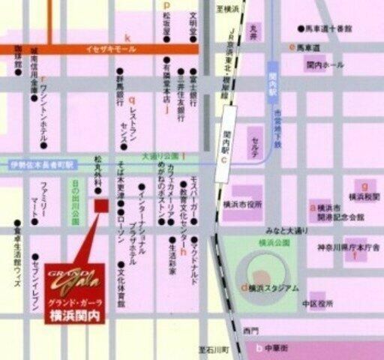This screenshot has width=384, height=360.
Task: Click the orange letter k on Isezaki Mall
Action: (x=127, y=37)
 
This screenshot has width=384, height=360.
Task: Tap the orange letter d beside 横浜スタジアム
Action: (x=244, y=287)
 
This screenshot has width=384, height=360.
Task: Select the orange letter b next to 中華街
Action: (x=259, y=347)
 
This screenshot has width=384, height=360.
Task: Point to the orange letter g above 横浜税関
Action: (x=364, y=184)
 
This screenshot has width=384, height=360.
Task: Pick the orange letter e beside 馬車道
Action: (x=292, y=47)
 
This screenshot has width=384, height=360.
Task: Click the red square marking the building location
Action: (x=101, y=205)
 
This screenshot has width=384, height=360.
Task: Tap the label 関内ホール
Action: (x=325, y=65)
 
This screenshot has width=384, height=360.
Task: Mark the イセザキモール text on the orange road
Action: (x=109, y=49)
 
